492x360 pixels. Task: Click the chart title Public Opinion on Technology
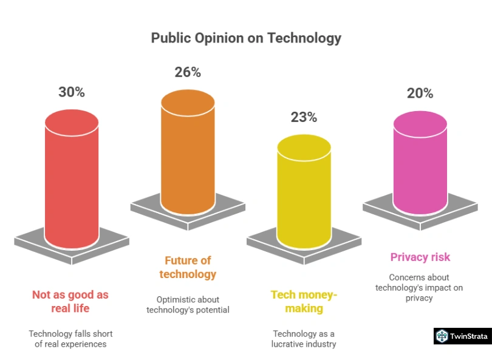coord(246,38)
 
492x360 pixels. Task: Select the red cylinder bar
coord(72,182)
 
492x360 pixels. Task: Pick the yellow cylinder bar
coord(304,191)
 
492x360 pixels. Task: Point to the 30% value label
coord(72,92)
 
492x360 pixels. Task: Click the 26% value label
coord(188,72)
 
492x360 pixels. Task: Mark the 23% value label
coord(304,117)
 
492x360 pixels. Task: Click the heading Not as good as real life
coord(70,301)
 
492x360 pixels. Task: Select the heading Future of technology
coord(188,267)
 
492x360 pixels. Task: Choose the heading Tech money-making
coord(304,301)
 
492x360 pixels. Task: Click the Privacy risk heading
coord(420,257)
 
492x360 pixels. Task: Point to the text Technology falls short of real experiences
coord(70,339)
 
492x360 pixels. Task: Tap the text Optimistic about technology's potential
coord(188,305)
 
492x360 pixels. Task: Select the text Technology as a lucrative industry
coord(304,339)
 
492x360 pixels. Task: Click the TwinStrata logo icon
coord(442,336)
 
